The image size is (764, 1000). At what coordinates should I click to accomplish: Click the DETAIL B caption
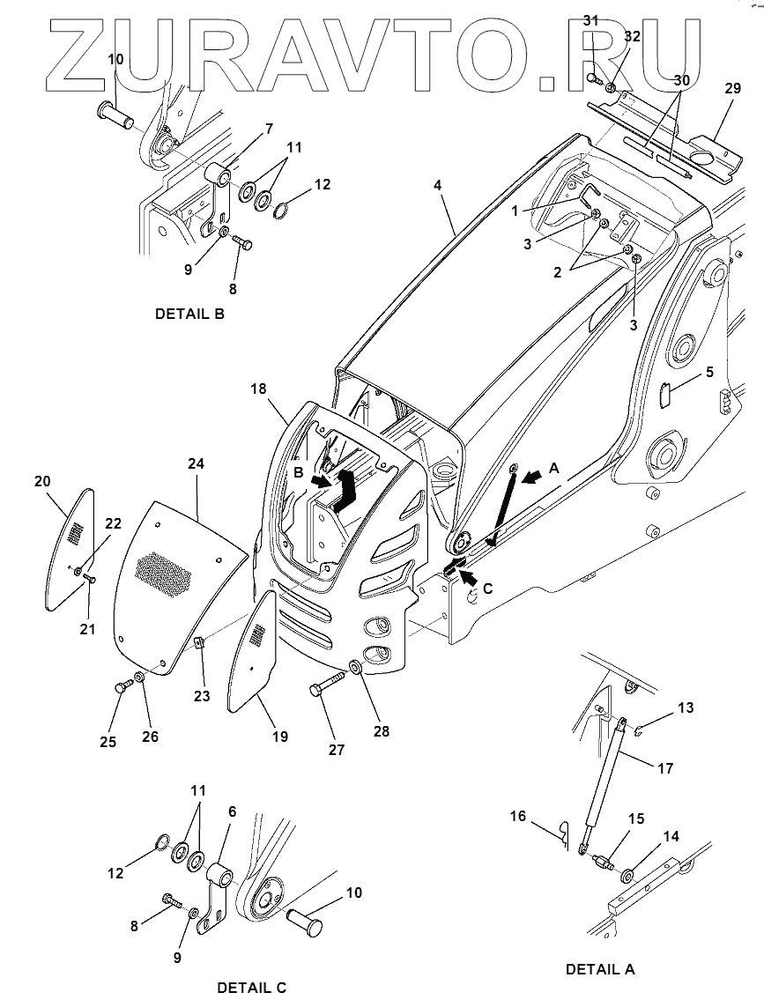click(189, 314)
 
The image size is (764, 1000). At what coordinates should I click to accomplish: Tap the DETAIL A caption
click(600, 969)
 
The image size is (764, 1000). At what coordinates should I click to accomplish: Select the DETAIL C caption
click(252, 988)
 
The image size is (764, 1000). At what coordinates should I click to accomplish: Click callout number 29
click(733, 88)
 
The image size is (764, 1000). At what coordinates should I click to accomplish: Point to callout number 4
click(437, 186)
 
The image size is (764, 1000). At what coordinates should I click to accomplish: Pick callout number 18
click(259, 389)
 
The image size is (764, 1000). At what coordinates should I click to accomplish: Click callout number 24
click(196, 463)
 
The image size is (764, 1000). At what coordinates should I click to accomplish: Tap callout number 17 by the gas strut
click(665, 768)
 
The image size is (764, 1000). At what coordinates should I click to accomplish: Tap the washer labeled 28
click(355, 668)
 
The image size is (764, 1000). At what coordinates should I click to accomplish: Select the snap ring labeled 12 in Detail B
click(280, 209)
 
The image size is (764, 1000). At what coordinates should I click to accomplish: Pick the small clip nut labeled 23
click(199, 643)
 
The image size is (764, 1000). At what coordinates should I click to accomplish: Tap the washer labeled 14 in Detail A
click(627, 875)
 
